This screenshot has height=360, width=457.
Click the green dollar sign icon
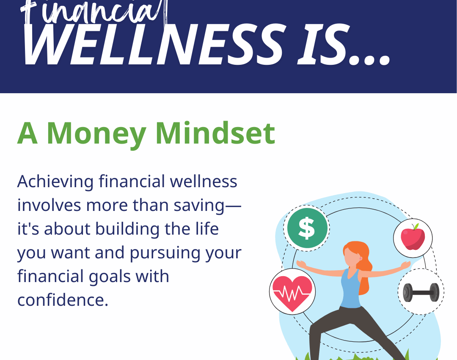(307, 228)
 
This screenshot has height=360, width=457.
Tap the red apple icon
(413, 237)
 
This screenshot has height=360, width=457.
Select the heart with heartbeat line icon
(292, 293)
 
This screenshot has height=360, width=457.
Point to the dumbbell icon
(421, 292)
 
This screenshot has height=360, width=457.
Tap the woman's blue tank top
(351, 289)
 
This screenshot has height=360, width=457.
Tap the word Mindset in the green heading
(215, 133)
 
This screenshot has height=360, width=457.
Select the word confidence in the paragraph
(63, 299)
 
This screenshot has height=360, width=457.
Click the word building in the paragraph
(127, 230)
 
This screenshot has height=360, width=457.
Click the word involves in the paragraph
(49, 205)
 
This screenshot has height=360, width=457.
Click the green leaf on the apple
(416, 227)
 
